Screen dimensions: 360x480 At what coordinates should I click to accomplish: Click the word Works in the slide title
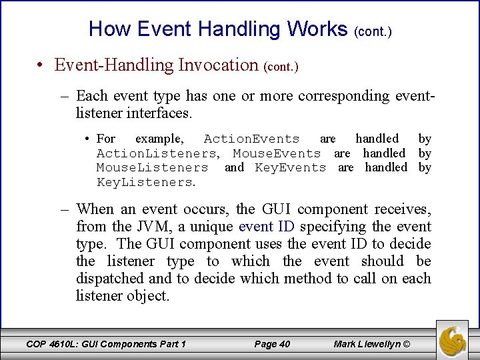[x=317, y=29]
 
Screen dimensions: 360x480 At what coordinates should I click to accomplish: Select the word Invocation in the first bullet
[x=217, y=65]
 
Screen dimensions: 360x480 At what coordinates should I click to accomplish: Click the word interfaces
[x=159, y=113]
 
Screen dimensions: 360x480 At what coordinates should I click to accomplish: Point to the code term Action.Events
[x=251, y=139]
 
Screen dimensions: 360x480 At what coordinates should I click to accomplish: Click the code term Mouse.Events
[x=277, y=153]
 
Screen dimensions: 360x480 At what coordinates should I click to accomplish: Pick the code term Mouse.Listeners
[x=152, y=168]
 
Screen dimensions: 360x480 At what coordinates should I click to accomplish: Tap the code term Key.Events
[x=291, y=168]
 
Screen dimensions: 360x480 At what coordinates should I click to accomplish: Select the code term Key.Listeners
[x=145, y=183]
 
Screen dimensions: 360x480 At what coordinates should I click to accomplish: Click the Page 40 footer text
[x=273, y=344]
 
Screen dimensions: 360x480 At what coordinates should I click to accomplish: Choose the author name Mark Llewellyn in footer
[x=368, y=344]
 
